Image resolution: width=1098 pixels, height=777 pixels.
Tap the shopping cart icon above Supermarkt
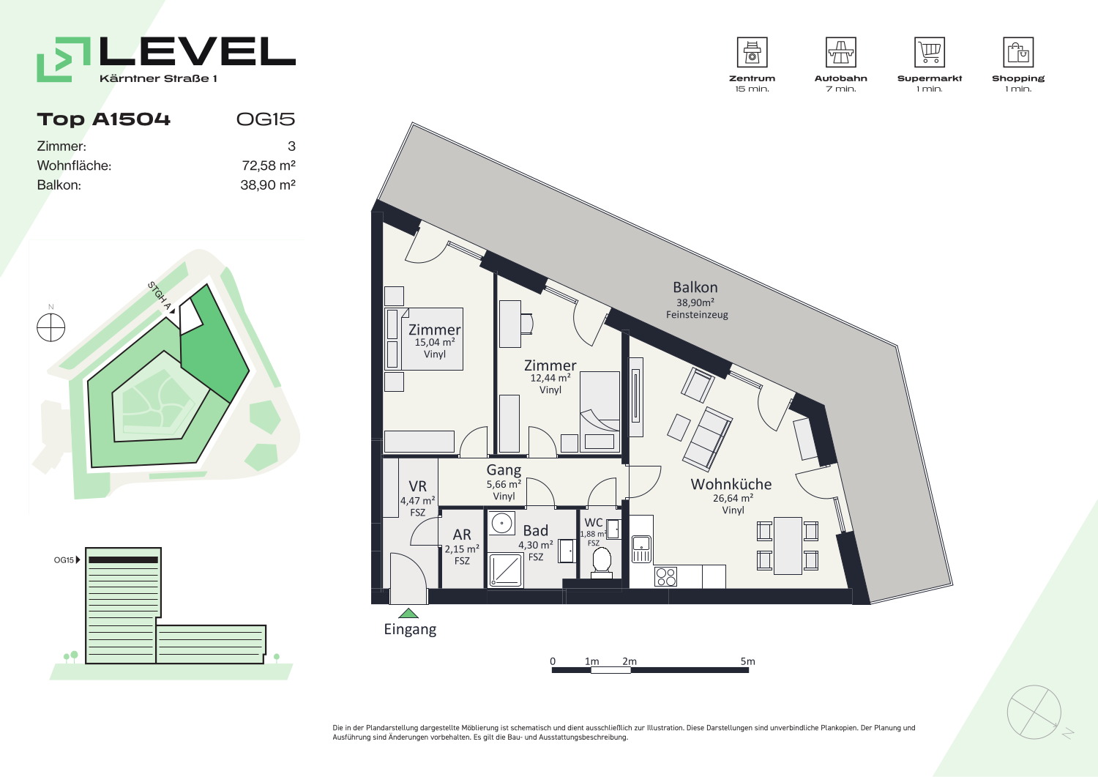pyautogui.click(x=930, y=52)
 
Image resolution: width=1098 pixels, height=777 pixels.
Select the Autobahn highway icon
pyautogui.click(x=840, y=52)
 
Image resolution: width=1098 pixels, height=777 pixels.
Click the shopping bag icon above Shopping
pyautogui.click(x=1018, y=52)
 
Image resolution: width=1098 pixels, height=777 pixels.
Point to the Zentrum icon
pyautogui.click(x=752, y=52)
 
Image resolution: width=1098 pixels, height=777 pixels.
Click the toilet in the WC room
pyautogui.click(x=602, y=562)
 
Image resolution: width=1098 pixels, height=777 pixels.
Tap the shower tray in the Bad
pyautogui.click(x=506, y=570)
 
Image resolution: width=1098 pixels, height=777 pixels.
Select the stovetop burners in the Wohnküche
pyautogui.click(x=665, y=577)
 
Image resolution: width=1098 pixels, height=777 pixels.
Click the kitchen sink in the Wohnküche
pyautogui.click(x=641, y=549)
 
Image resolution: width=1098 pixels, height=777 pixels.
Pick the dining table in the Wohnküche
pyautogui.click(x=788, y=546)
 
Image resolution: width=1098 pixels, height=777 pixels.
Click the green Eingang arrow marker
pyautogui.click(x=408, y=613)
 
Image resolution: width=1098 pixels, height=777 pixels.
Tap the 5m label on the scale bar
pyautogui.click(x=747, y=661)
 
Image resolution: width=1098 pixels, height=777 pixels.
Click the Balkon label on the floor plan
pyautogui.click(x=695, y=287)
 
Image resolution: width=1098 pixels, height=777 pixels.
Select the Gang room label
pyautogui.click(x=504, y=470)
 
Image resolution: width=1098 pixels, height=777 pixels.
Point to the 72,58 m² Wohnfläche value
pyautogui.click(x=268, y=166)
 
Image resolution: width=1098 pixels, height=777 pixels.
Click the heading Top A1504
pyautogui.click(x=103, y=119)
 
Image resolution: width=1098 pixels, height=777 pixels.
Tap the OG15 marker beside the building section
pyautogui.click(x=67, y=559)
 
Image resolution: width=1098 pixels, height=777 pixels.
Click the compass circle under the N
pyautogui.click(x=51, y=327)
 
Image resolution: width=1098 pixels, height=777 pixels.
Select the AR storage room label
pyautogui.click(x=462, y=534)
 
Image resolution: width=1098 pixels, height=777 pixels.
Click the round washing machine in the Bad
pyautogui.click(x=502, y=524)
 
